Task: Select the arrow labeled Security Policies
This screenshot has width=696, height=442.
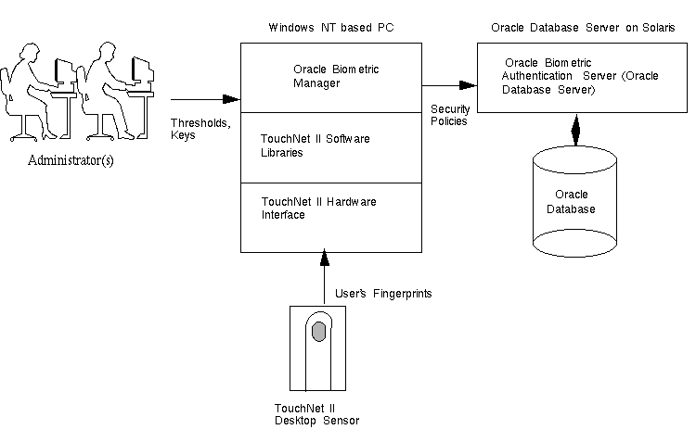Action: (452, 86)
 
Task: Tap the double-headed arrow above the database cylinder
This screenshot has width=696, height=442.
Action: (575, 130)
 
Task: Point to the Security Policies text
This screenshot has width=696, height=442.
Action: (449, 115)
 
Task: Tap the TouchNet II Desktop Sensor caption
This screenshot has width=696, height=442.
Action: (316, 414)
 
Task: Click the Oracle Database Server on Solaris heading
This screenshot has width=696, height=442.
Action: (582, 29)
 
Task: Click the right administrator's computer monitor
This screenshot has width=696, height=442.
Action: (140, 69)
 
